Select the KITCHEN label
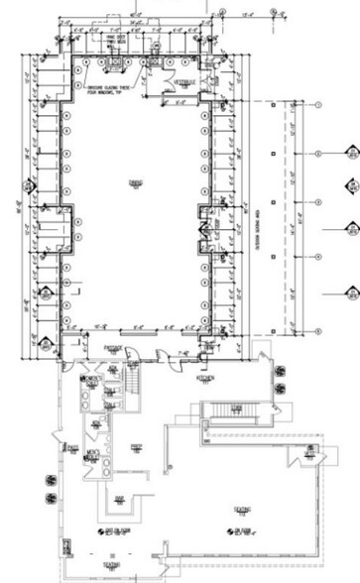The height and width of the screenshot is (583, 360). click(207, 379)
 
